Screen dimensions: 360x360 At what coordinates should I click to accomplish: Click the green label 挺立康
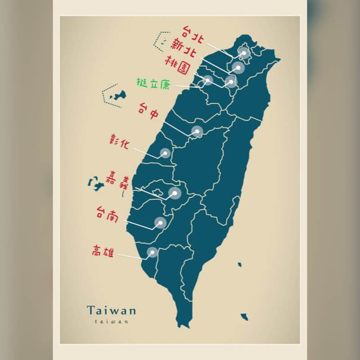(153, 83)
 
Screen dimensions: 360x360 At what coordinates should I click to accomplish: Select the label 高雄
(103, 250)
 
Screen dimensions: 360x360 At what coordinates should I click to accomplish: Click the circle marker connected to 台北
(244, 53)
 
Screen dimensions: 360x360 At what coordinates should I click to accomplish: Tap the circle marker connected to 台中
(197, 131)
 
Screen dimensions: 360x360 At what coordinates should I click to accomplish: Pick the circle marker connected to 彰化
(165, 153)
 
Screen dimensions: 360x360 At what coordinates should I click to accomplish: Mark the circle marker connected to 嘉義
(175, 193)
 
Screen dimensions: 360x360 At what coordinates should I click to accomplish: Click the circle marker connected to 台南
(160, 223)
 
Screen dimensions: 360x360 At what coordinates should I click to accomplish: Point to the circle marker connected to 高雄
(152, 252)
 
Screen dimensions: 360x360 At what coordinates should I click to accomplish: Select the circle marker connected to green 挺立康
(207, 80)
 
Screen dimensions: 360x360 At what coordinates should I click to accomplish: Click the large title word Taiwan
(112, 310)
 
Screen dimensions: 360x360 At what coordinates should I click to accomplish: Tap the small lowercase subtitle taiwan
(112, 321)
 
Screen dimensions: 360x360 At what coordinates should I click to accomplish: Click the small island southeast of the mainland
(244, 317)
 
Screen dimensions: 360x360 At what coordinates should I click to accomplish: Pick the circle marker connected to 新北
(238, 68)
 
